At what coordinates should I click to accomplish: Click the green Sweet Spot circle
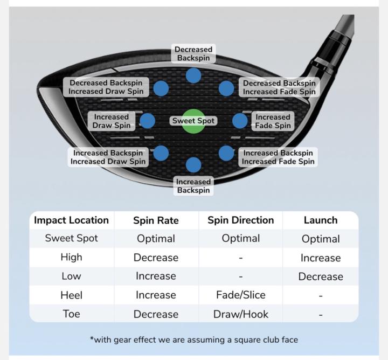(193, 121)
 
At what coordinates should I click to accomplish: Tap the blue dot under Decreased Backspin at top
(193, 75)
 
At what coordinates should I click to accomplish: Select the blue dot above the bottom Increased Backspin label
(193, 165)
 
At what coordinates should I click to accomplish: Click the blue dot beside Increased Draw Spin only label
(148, 121)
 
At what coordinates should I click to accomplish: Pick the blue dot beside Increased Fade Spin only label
(240, 121)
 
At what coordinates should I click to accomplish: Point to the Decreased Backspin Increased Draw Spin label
(106, 87)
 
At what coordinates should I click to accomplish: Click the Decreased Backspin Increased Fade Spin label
(279, 87)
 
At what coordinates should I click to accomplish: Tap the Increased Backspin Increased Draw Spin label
(108, 157)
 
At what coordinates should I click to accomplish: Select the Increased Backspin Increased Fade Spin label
(278, 157)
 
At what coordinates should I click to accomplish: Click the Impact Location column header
(71, 220)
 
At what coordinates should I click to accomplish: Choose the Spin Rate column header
(156, 220)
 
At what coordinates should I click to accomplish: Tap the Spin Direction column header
(240, 220)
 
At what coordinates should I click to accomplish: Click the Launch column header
(321, 220)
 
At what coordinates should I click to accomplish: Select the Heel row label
(71, 295)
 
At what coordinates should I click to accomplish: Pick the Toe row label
(71, 314)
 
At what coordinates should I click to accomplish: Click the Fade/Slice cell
(240, 295)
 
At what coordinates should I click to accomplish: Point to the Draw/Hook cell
(240, 314)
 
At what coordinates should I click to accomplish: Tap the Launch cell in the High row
(321, 258)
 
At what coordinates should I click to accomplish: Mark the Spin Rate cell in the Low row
(156, 276)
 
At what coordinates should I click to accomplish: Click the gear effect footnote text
(193, 340)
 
